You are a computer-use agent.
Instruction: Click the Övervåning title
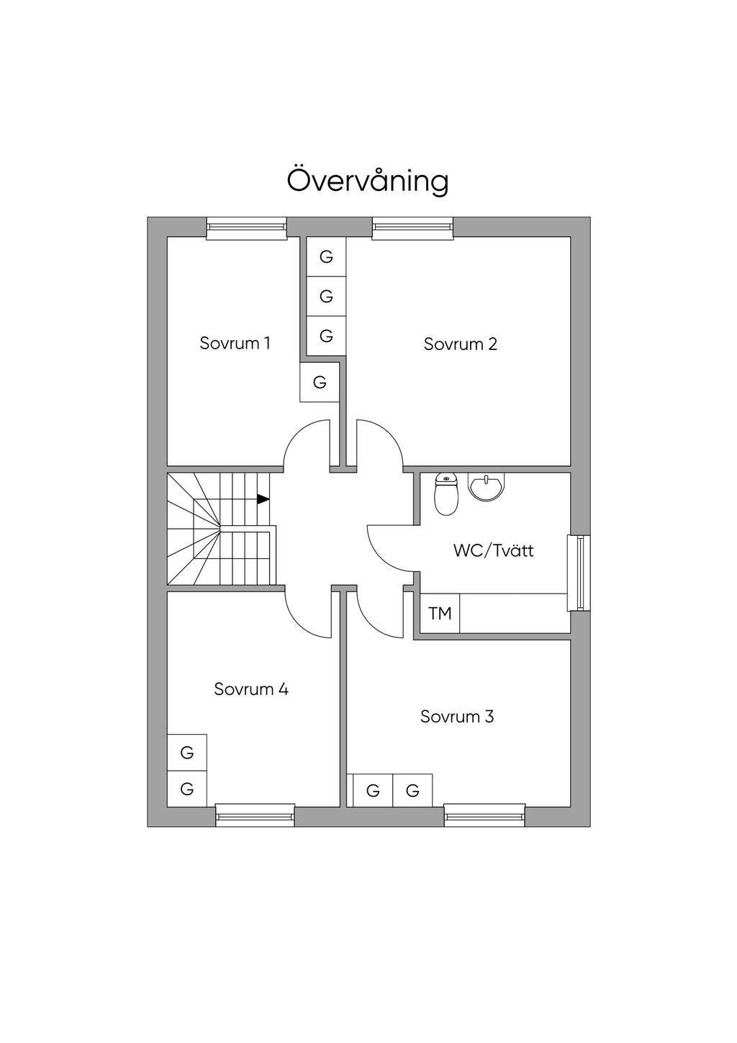pyautogui.click(x=368, y=180)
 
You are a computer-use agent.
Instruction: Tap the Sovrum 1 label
pyautogui.click(x=235, y=343)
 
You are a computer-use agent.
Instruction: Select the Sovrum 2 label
pyautogui.click(x=460, y=344)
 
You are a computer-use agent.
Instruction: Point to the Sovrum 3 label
pyautogui.click(x=457, y=717)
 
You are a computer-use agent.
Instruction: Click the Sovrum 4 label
pyautogui.click(x=251, y=689)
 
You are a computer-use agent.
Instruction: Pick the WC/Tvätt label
pyautogui.click(x=493, y=551)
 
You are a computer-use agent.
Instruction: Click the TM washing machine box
pyautogui.click(x=440, y=614)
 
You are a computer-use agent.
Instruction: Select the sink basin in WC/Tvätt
pyautogui.click(x=487, y=486)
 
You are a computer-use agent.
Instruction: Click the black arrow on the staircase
pyautogui.click(x=263, y=498)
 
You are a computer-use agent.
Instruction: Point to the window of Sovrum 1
pyautogui.click(x=246, y=228)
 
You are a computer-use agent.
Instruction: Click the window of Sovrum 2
pyautogui.click(x=413, y=228)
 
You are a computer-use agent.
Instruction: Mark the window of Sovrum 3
pyautogui.click(x=484, y=815)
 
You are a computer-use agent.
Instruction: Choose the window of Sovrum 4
pyautogui.click(x=255, y=815)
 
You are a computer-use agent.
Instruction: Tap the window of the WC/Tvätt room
pyautogui.click(x=579, y=573)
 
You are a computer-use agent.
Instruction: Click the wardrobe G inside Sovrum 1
pyautogui.click(x=320, y=382)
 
